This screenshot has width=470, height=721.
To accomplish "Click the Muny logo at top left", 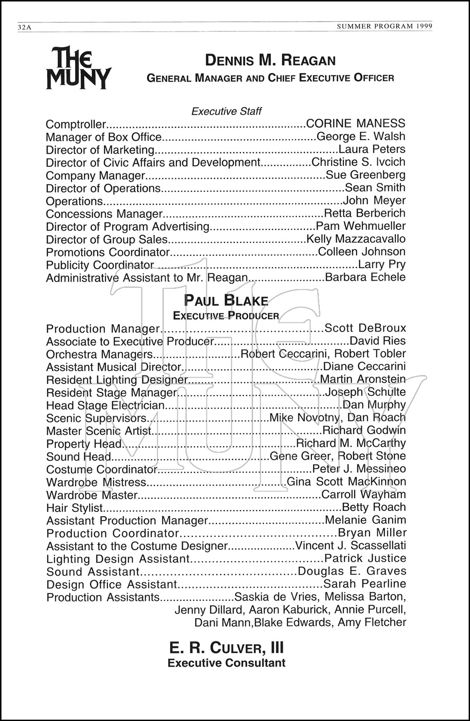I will (x=78, y=68).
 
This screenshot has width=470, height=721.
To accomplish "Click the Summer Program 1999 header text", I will (x=384, y=26).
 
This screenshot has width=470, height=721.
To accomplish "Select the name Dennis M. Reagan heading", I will (x=270, y=61).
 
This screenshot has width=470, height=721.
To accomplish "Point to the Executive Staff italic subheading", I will (x=227, y=112).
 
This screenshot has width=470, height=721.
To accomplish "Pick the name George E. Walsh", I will (x=361, y=137).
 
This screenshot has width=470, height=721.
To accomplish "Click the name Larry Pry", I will (x=382, y=264).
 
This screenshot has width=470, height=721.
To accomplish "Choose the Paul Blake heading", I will (x=226, y=301).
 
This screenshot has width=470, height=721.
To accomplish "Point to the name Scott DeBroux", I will (x=365, y=328).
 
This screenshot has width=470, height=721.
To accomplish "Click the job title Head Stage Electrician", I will (x=105, y=405).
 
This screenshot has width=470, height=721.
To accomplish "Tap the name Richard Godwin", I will (x=364, y=430).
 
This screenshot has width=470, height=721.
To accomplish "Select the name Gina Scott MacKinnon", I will (x=346, y=482).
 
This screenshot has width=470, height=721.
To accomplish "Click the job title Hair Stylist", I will (x=75, y=508).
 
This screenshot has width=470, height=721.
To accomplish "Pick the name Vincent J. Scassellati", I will (x=350, y=546).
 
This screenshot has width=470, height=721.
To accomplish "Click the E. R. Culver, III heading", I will (x=226, y=648).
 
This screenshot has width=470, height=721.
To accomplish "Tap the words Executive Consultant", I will (x=226, y=663).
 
